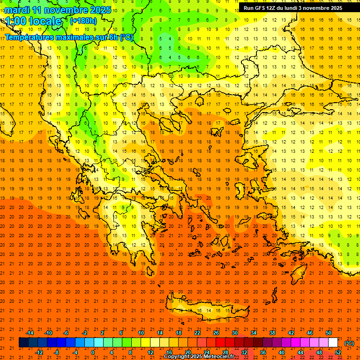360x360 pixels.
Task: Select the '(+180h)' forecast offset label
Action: point(83,21)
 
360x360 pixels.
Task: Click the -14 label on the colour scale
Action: point(30,333)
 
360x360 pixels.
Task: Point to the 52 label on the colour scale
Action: point(338,352)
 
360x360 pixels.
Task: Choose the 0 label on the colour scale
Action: point(93,352)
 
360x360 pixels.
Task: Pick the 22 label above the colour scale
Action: point(197,333)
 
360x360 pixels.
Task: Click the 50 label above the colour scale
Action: point(329,333)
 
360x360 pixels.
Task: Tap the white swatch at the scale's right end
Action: point(333,343)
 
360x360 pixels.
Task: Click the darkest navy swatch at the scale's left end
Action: point(23,343)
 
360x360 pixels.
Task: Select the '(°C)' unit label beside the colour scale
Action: point(349,343)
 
